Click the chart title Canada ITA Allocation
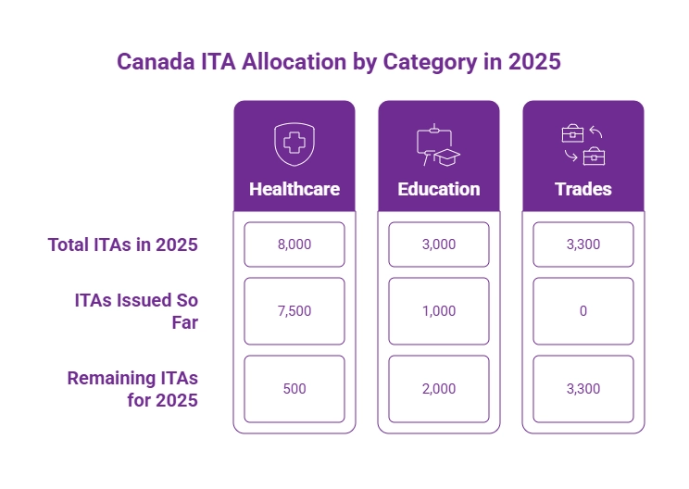338,62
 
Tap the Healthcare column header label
294,189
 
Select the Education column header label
439,189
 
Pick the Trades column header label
583,189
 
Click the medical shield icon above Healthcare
294,144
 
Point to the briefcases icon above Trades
583,144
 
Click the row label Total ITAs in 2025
123,244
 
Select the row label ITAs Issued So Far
136,311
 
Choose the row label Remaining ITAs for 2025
132,389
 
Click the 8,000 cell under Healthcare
294,244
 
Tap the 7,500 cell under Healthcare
294,311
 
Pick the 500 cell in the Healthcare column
294,389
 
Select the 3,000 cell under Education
439,244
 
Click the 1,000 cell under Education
439,311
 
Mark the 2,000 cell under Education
439,389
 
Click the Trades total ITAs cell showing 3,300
583,244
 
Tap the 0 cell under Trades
583,311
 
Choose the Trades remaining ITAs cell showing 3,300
583,389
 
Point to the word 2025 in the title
535,62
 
